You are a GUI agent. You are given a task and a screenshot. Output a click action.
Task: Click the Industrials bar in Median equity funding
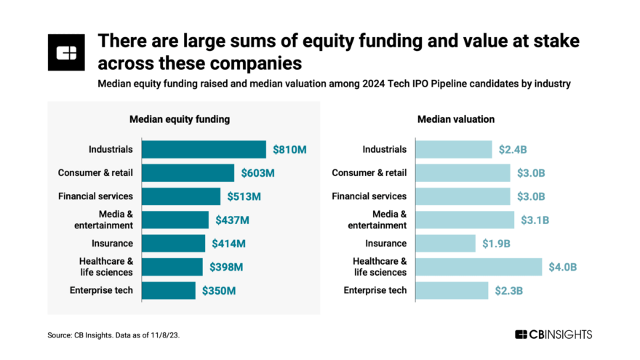[204, 149]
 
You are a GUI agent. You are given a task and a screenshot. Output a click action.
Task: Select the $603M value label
[258, 173]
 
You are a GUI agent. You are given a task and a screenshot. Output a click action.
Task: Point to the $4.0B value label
[563, 267]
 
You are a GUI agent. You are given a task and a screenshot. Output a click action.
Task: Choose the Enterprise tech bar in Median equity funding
[168, 291]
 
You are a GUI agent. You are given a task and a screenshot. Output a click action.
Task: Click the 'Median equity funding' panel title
[184, 119]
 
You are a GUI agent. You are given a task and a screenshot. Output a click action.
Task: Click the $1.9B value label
[496, 244]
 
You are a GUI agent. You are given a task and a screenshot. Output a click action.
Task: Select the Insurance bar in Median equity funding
[173, 244]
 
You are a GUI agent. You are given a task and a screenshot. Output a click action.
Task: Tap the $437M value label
[233, 220]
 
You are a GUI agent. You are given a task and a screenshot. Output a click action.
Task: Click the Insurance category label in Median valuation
[385, 244]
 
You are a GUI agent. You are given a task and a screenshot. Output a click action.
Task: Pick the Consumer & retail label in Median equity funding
[95, 173]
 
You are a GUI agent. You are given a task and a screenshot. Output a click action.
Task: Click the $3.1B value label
[535, 220]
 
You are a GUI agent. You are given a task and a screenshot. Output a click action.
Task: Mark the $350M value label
[219, 291]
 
